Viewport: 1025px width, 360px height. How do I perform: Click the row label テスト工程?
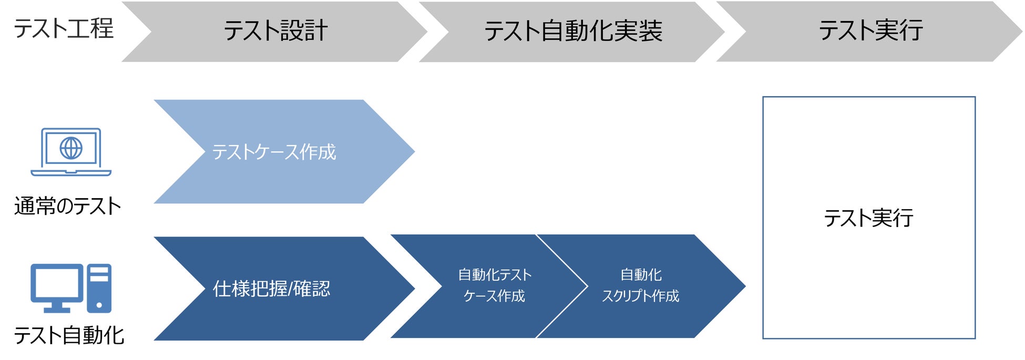[63, 28]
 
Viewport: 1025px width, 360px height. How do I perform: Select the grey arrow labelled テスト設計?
[275, 31]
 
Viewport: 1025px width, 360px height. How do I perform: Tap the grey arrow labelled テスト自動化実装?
[573, 31]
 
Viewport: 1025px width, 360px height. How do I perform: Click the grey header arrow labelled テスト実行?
[870, 31]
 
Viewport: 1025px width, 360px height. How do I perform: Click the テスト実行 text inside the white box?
[868, 218]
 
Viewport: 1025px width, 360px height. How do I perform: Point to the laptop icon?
[71, 152]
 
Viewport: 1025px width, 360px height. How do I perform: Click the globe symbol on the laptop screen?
[71, 148]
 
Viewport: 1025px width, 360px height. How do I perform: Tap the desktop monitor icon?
[56, 284]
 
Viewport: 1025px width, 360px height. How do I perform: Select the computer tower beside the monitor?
[99, 288]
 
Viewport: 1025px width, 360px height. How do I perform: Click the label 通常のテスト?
[67, 206]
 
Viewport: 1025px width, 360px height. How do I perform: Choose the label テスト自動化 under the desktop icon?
[69, 335]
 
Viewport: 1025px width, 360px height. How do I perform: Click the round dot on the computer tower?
[99, 304]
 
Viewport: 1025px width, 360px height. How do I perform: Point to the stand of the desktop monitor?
[57, 307]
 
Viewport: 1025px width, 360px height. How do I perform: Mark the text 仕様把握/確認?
[271, 289]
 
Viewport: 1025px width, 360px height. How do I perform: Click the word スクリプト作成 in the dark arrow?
[640, 296]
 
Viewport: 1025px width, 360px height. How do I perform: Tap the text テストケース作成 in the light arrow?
[274, 152]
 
